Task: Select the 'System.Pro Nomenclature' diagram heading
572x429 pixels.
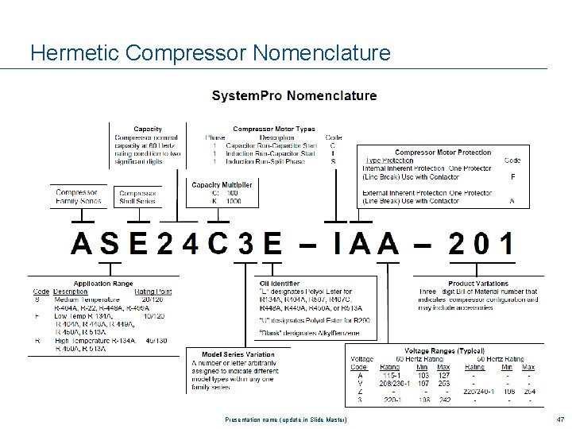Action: pos(294,96)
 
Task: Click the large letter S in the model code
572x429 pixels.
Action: pos(111,242)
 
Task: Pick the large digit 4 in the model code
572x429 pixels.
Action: pos(191,242)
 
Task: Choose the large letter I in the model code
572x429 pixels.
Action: pos(338,242)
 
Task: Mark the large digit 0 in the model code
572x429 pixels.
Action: pos(481,242)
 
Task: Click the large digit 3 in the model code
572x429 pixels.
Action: pos(246,242)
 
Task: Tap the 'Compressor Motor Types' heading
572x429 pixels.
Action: pos(273,129)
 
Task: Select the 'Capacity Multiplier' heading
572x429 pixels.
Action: pos(222,185)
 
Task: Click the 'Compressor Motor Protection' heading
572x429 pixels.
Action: pos(443,152)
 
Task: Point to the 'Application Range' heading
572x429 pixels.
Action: pos(103,284)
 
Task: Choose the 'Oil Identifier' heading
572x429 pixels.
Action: pos(279,284)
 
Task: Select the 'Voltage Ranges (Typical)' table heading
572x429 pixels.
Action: pos(444,350)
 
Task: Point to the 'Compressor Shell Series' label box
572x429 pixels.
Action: pos(137,197)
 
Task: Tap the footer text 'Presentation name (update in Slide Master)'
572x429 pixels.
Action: pos(286,419)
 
